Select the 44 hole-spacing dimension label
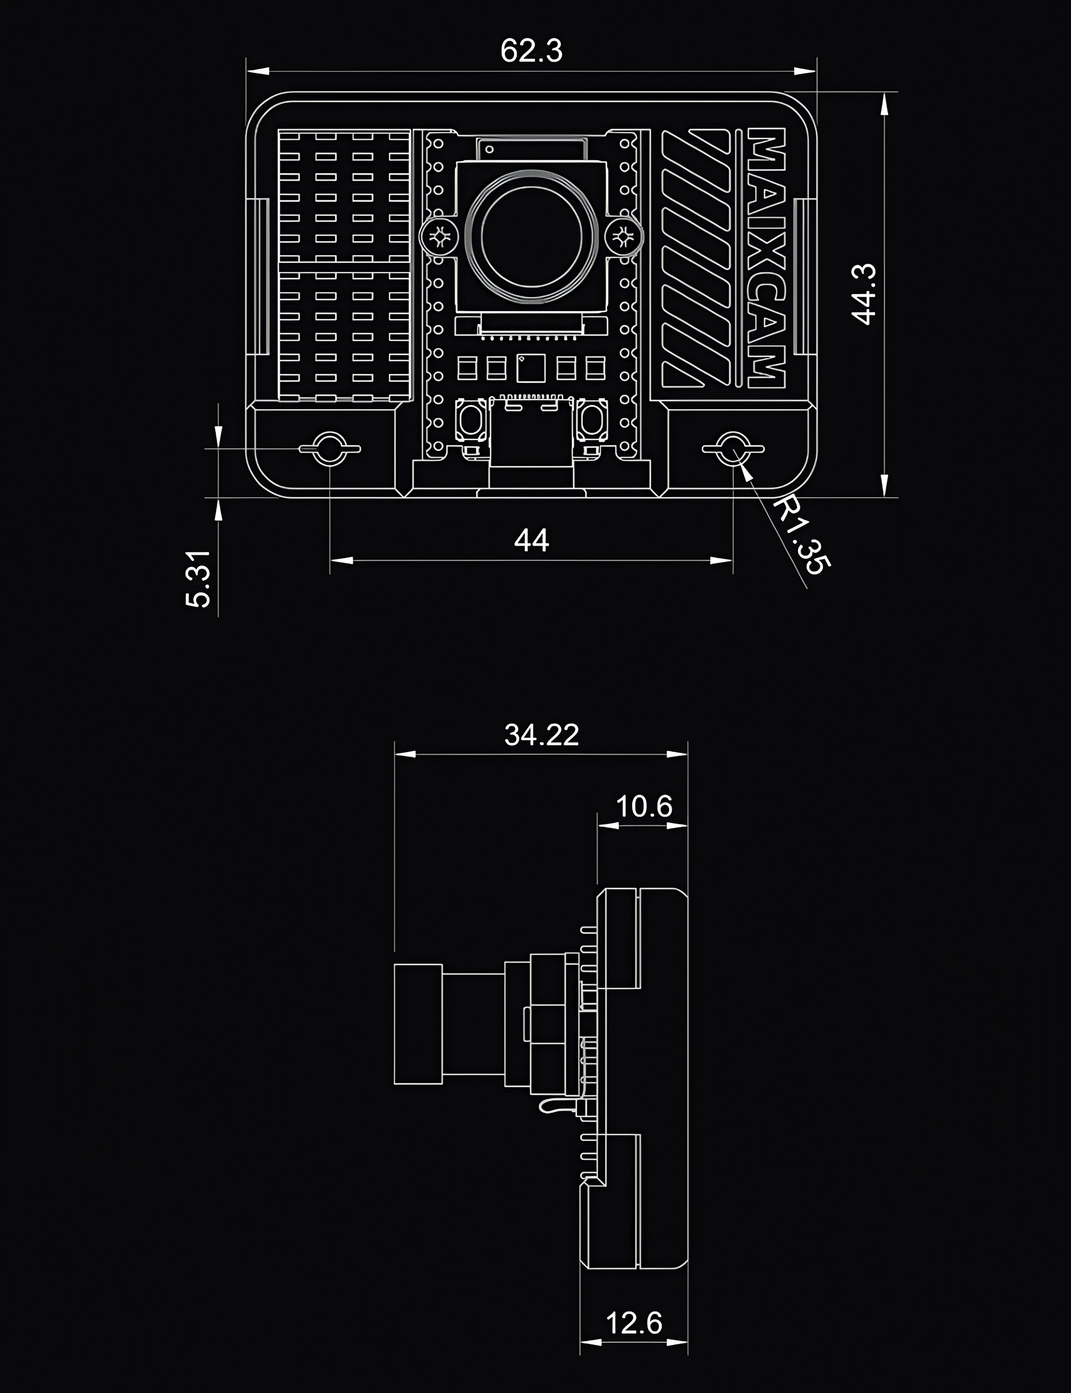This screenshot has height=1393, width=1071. tap(532, 540)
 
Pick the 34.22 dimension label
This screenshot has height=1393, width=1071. tap(541, 735)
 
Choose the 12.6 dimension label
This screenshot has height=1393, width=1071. tap(634, 1323)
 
